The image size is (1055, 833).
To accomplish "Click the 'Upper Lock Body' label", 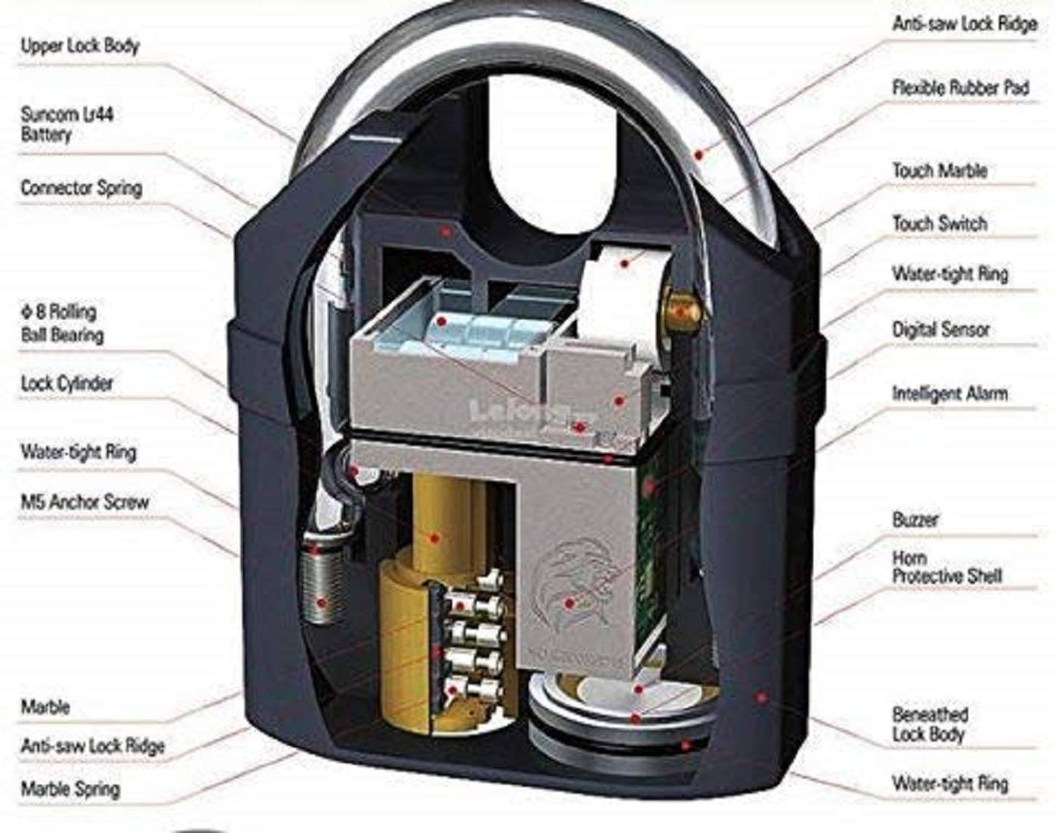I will coord(80,46).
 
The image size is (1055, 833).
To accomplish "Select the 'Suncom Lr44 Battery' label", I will coord(67,125).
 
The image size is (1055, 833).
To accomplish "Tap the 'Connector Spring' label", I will coord(81,187).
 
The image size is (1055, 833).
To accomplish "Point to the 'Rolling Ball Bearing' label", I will coord(61,323).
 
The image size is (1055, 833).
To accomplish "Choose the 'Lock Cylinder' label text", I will coord(67,384).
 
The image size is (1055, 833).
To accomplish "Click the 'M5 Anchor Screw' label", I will coord(84,501).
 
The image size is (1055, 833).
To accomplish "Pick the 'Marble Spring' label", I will coord(70,788).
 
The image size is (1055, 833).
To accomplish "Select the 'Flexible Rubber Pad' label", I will coord(960,88).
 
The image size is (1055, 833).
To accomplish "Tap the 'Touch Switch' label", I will coord(939,223).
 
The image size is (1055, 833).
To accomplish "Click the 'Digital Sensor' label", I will coord(941,329).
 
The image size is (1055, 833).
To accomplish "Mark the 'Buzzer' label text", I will coord(915,520).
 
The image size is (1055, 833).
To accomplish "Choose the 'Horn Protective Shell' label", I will coord(946,567).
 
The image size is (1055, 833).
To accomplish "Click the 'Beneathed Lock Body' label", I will coord(929,724).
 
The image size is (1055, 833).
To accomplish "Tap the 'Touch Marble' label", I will coord(939,170).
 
